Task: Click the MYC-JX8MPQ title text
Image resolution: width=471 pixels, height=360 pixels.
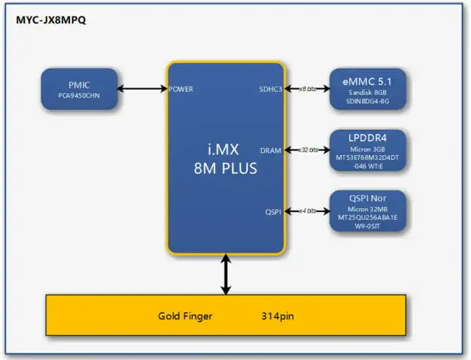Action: point(51,20)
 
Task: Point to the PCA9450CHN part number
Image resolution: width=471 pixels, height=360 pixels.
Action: point(79,95)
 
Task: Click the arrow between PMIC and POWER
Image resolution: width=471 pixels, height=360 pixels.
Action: point(142,88)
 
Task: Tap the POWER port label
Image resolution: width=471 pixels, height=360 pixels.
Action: point(181,88)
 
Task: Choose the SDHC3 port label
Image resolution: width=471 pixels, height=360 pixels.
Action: point(270,88)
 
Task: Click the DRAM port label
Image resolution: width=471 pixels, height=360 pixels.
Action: point(271,150)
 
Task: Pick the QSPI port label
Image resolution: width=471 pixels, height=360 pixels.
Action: point(273,211)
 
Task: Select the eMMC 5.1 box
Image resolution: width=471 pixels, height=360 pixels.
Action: point(368,88)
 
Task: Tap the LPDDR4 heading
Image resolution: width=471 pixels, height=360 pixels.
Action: point(368,139)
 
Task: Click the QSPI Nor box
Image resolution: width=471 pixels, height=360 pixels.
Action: point(368,211)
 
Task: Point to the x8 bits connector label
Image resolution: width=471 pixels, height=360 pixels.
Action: point(307,88)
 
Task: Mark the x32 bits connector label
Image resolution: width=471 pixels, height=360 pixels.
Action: point(307,150)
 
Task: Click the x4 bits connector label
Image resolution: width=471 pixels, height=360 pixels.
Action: point(307,211)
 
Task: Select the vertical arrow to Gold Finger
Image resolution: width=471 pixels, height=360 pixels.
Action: point(226,275)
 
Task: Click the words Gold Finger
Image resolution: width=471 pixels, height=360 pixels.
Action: point(185,316)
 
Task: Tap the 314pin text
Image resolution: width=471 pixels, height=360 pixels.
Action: point(277,316)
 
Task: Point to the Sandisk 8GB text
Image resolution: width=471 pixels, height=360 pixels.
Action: point(368,93)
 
